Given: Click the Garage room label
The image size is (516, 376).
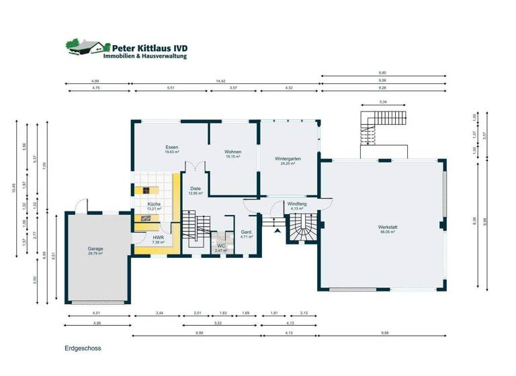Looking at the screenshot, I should [x=95, y=249].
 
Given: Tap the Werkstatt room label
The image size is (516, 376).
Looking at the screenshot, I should [x=388, y=228].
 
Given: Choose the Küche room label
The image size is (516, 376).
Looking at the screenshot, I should [x=154, y=205].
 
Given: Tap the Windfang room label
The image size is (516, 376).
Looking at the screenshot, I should [x=296, y=205].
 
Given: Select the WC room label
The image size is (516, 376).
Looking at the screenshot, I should [x=220, y=247].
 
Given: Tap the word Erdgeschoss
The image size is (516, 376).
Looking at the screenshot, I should [x=83, y=349].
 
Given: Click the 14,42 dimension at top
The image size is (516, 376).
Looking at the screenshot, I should [x=220, y=81].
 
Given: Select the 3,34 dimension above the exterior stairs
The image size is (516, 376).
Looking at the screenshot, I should [x=383, y=102].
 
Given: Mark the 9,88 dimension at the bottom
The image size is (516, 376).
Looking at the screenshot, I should [x=384, y=333].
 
